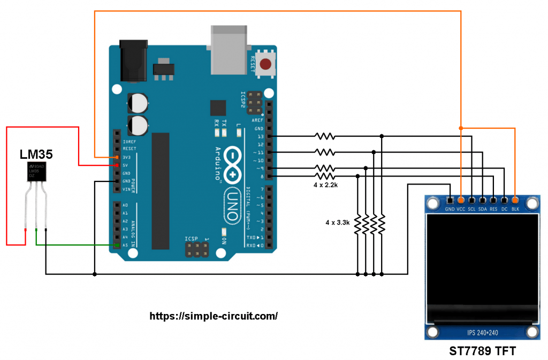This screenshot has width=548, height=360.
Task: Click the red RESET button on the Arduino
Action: [265, 65]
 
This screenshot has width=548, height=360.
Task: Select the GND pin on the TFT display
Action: [450, 200]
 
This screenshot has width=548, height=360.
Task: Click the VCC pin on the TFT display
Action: [461, 200]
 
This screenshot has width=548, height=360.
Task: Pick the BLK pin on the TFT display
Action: [515, 200]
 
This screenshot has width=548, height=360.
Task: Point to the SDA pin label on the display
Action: [483, 209]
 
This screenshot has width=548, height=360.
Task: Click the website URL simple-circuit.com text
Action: [214, 316]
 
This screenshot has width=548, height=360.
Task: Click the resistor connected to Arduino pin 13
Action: [325, 136]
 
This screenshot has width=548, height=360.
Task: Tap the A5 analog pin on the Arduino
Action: [117, 245]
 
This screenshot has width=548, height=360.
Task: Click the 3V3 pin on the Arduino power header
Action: [117, 157]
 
